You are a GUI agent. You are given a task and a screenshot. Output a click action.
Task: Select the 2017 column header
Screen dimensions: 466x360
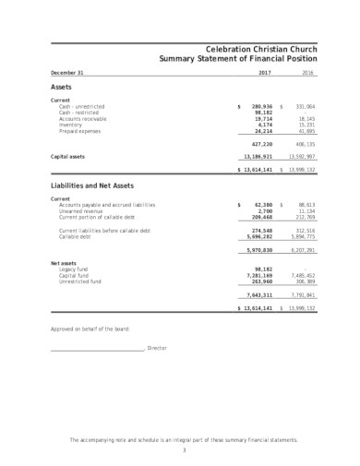[x=264, y=72]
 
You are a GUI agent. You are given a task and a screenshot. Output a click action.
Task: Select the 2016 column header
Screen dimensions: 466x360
[x=307, y=72]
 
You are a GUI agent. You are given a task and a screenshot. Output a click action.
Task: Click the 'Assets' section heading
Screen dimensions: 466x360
[x=61, y=86]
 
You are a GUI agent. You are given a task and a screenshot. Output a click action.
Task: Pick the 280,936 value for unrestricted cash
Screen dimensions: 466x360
[x=261, y=106]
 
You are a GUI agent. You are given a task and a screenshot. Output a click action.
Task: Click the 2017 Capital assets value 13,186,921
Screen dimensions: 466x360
[x=258, y=157]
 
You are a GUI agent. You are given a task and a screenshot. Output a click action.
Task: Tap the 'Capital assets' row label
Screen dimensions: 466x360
[x=69, y=157]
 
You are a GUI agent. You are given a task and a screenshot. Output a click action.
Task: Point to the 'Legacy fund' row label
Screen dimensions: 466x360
[x=72, y=269]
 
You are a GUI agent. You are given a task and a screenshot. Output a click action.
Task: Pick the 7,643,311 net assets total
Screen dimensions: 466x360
[x=258, y=293]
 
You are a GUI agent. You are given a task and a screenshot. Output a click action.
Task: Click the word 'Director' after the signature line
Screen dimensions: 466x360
[x=157, y=348]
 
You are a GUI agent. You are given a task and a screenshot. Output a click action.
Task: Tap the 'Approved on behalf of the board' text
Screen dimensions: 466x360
[x=90, y=329]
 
